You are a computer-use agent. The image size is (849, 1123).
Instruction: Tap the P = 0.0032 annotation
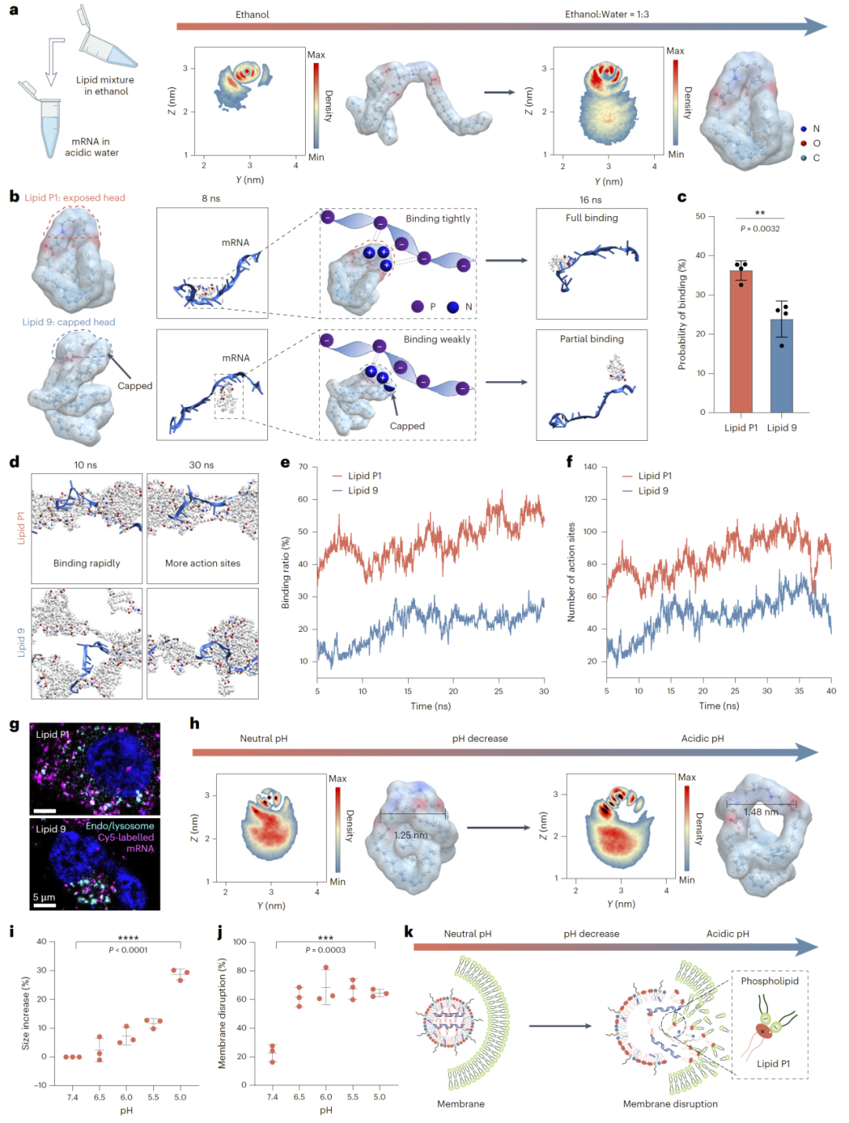(x=759, y=229)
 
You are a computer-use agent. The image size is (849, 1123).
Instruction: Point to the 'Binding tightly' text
(x=438, y=218)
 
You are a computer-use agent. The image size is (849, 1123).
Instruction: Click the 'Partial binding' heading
(x=591, y=339)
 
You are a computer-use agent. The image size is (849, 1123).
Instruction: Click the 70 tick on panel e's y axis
(x=303, y=467)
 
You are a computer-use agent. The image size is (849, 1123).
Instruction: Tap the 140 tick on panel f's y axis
(x=590, y=467)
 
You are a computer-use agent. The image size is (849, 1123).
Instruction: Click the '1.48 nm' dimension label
(x=761, y=812)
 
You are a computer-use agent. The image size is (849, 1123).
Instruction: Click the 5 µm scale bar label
(x=44, y=897)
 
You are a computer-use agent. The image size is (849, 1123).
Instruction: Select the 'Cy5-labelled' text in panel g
(x=126, y=837)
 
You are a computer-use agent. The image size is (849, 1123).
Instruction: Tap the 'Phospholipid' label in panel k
(x=769, y=981)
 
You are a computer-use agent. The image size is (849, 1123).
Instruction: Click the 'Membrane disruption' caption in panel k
(x=670, y=1103)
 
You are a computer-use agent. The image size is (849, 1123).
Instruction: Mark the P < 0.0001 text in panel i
(x=128, y=950)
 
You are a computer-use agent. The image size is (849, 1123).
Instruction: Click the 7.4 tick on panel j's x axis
(x=272, y=1097)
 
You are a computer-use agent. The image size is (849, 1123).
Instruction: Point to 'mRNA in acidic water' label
(x=91, y=147)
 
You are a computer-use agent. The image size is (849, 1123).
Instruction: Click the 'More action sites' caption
(x=202, y=563)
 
